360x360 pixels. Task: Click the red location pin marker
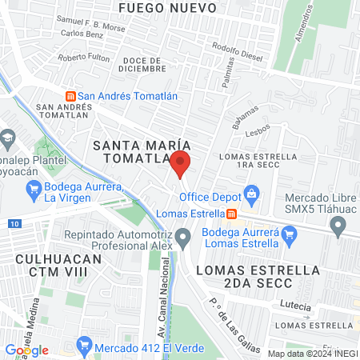point(180,165)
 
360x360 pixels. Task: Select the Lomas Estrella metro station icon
point(231,214)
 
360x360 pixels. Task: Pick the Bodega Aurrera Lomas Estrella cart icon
point(290,235)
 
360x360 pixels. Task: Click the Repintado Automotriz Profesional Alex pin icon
point(184,237)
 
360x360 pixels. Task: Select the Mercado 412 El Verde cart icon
point(83,346)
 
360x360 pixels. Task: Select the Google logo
point(26,350)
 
